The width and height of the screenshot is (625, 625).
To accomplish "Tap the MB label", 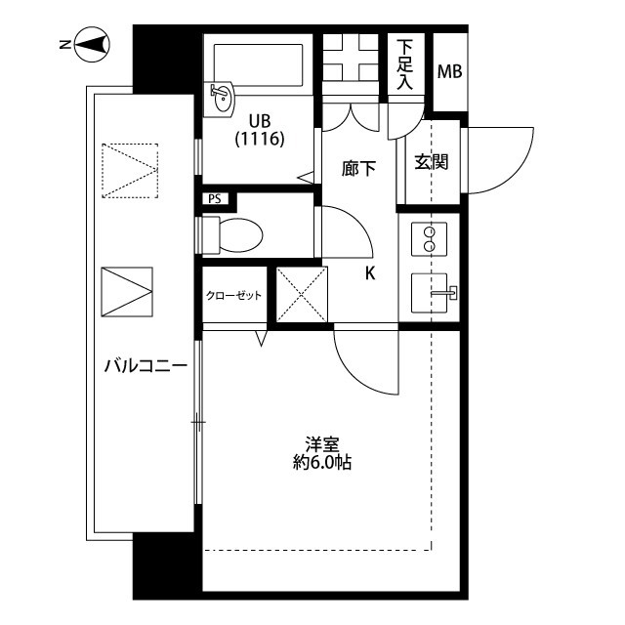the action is pyautogui.click(x=449, y=71).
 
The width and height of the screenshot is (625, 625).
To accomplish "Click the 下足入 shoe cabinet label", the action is pyautogui.click(x=404, y=64).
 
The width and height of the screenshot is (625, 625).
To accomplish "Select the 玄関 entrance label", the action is pyautogui.click(x=432, y=162).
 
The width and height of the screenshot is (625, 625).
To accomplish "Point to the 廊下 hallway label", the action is pyautogui.click(x=358, y=168).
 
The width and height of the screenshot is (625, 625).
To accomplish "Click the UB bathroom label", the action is pyautogui.click(x=260, y=120).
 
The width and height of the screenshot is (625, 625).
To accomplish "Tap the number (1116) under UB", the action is pyautogui.click(x=260, y=139).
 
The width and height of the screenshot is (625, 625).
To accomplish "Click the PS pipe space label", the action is pyautogui.click(x=215, y=199).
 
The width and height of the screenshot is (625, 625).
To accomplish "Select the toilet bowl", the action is pyautogui.click(x=232, y=235).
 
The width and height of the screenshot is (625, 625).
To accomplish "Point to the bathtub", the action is pyautogui.click(x=258, y=64).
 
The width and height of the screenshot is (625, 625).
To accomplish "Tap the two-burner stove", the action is pyautogui.click(x=429, y=239).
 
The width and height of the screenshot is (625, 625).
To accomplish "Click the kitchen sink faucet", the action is pyautogui.click(x=445, y=293).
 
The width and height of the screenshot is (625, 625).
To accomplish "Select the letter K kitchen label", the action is pyautogui.click(x=370, y=273).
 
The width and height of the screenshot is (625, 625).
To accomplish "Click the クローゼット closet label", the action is pyautogui.click(x=233, y=295).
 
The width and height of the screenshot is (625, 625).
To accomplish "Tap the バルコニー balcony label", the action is pyautogui.click(x=146, y=365).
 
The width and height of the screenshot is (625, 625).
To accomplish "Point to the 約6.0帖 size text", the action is pyautogui.click(x=322, y=462).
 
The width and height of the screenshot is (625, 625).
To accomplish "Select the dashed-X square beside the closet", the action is pyautogui.click(x=302, y=294).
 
